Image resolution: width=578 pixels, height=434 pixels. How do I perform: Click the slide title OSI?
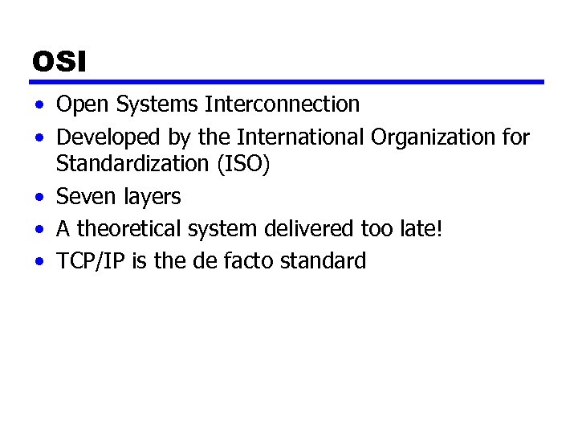(x=59, y=61)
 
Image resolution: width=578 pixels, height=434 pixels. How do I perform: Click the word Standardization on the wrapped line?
(x=132, y=164)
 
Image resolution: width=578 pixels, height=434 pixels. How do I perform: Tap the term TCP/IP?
(x=91, y=261)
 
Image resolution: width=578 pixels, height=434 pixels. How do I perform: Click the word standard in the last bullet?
(x=328, y=261)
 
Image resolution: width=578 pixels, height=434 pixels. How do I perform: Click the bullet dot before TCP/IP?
(x=40, y=262)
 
